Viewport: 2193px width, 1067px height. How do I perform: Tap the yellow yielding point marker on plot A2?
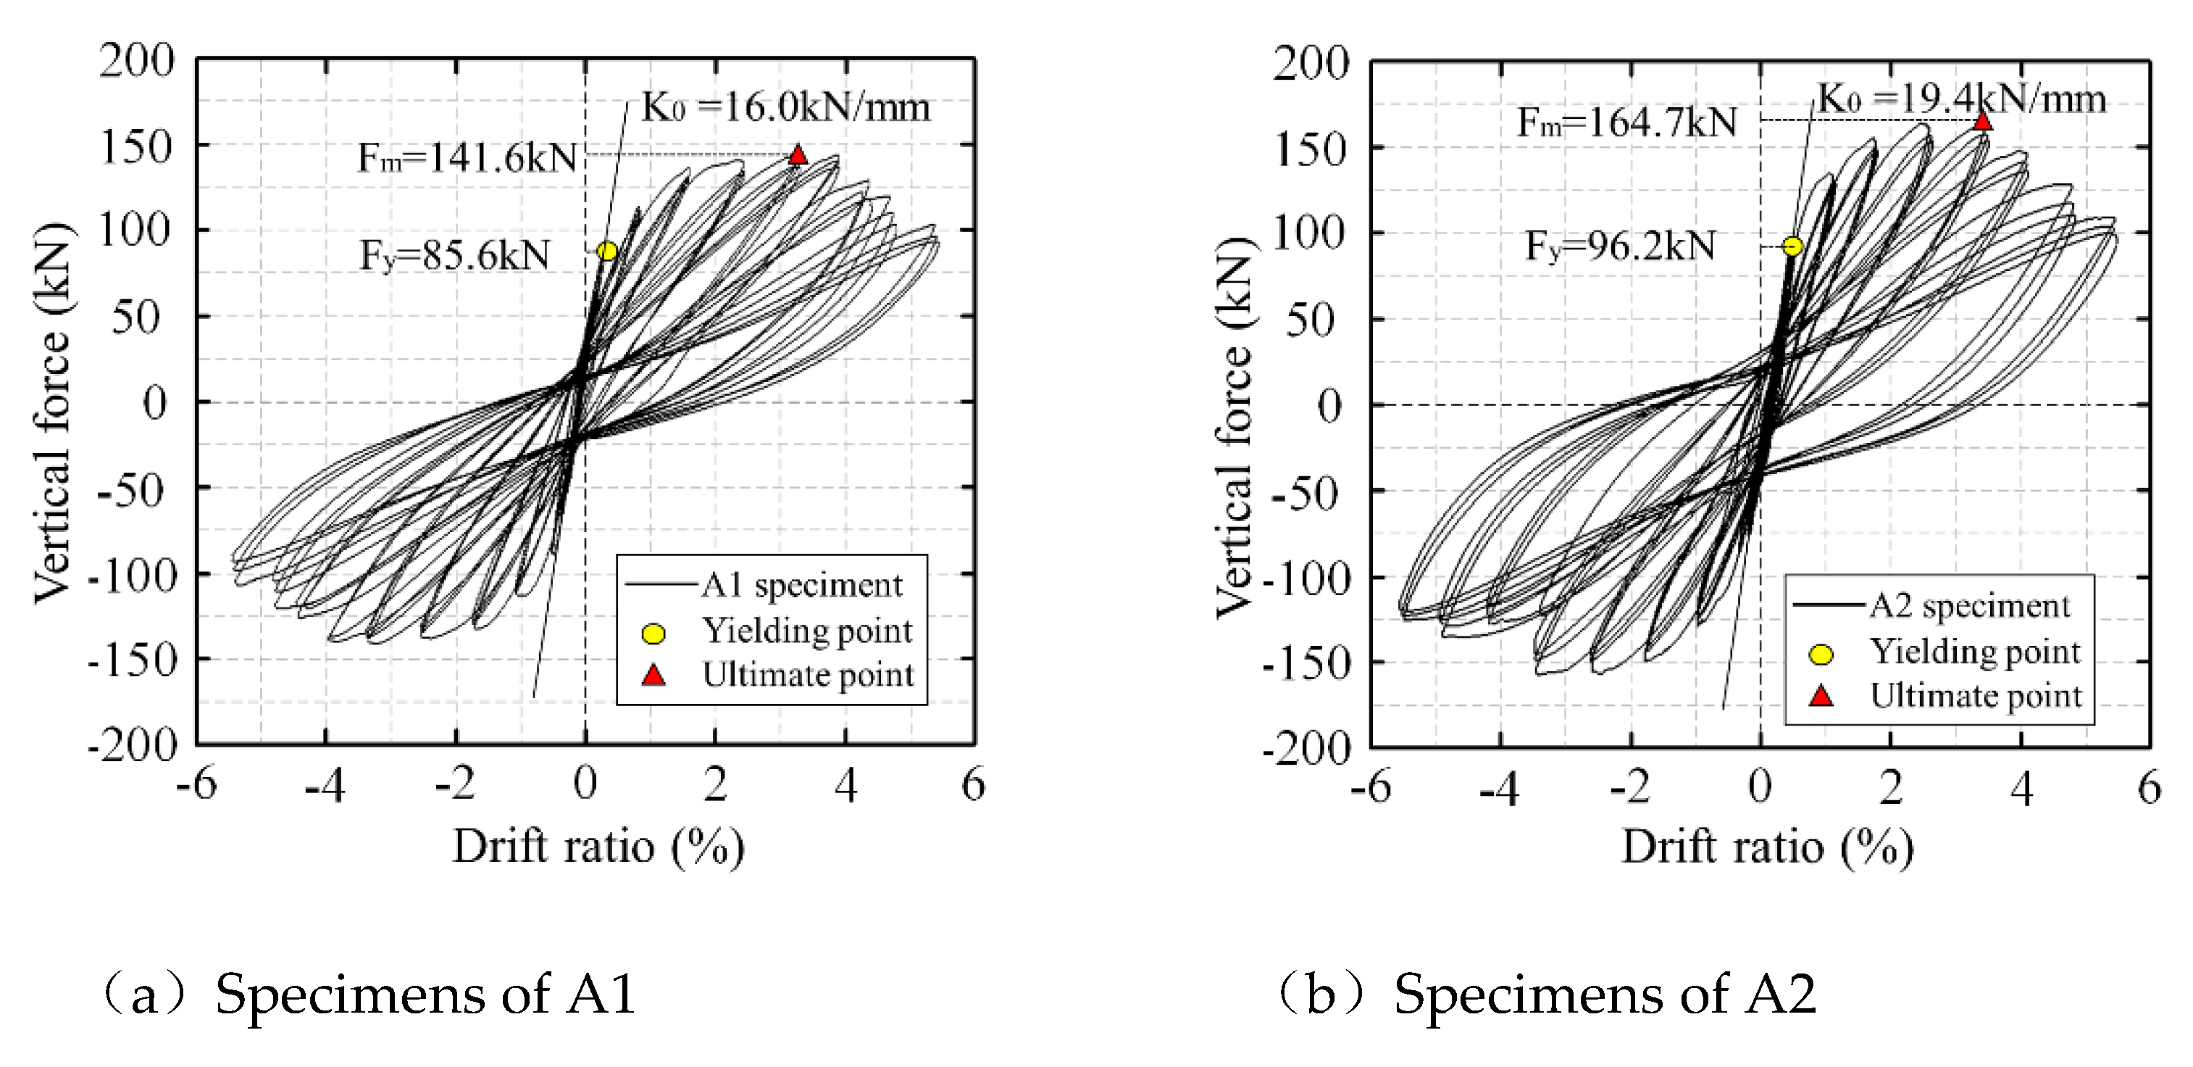(1792, 247)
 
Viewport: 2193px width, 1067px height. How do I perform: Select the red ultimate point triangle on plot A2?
(1983, 121)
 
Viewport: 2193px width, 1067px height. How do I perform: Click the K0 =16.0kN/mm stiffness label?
(785, 107)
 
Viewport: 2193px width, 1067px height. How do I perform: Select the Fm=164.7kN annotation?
(1626, 123)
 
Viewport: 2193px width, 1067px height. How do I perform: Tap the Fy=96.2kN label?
(1619, 247)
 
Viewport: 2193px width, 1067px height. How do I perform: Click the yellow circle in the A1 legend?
(653, 633)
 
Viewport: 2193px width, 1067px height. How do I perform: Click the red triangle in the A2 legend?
(1821, 697)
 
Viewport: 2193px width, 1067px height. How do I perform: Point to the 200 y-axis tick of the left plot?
(136, 62)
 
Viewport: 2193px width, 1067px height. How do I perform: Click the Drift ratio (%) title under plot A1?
(598, 847)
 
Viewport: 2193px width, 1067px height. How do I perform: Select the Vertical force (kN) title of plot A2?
(1235, 425)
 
